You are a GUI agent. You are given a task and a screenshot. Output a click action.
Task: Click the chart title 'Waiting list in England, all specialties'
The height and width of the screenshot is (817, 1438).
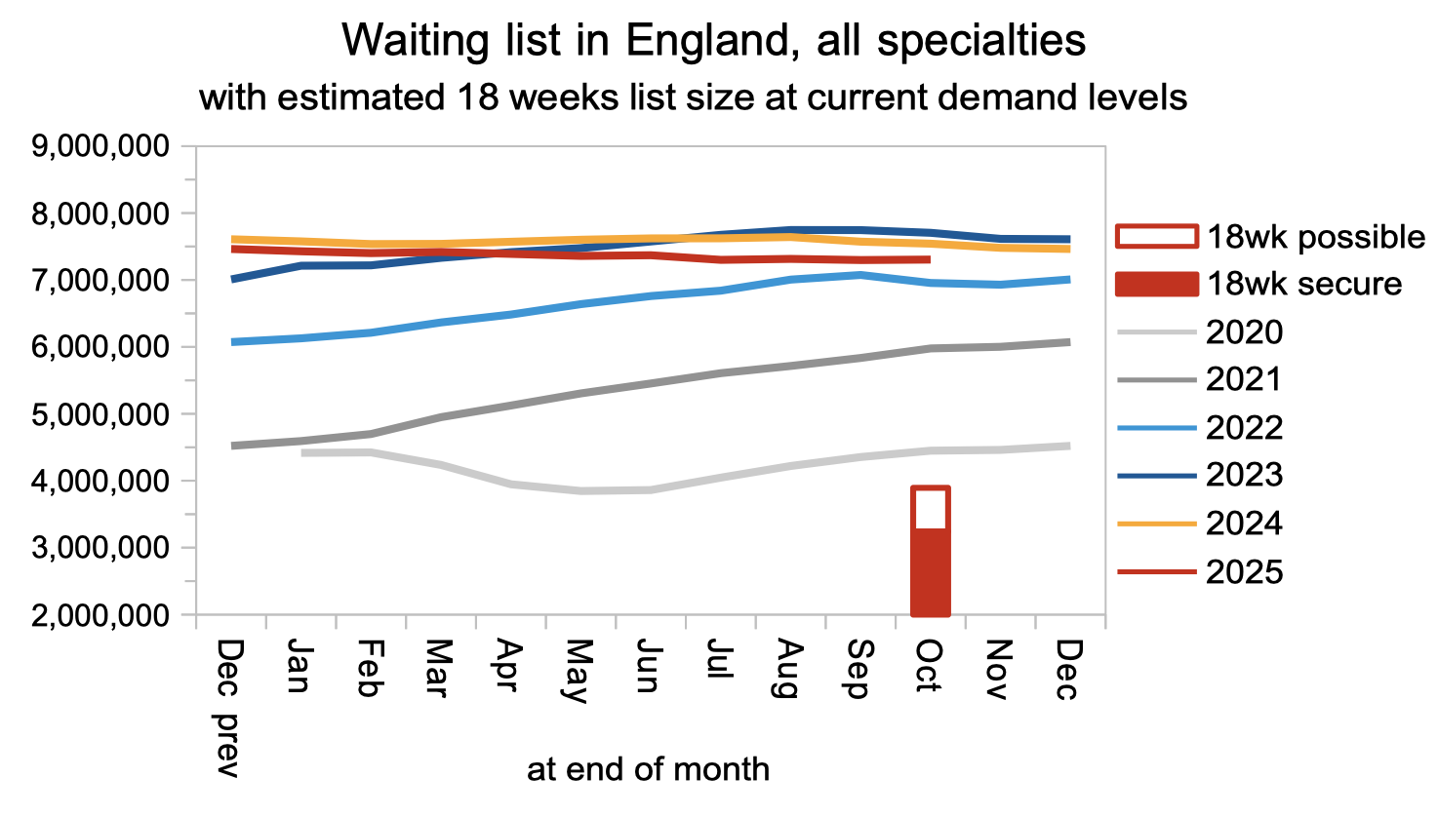click(714, 41)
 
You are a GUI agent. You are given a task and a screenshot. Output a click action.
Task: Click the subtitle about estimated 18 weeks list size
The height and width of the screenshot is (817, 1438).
click(693, 97)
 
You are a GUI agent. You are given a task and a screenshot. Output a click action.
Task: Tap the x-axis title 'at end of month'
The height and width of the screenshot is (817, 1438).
click(648, 769)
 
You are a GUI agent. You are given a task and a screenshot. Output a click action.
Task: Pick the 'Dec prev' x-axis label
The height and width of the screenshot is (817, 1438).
click(228, 708)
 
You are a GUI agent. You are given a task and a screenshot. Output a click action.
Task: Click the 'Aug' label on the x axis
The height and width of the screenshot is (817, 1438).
click(789, 670)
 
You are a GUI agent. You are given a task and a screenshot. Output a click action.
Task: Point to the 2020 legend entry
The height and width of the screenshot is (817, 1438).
click(1200, 332)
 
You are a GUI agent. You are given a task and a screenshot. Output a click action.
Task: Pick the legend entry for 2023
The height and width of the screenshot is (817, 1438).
click(1200, 476)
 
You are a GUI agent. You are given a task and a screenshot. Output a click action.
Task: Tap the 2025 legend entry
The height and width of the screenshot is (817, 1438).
click(1200, 572)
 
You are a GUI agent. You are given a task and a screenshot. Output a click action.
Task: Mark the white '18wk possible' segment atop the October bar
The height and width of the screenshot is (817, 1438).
click(930, 508)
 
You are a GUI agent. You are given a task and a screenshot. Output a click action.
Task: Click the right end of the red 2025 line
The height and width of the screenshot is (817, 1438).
click(928, 259)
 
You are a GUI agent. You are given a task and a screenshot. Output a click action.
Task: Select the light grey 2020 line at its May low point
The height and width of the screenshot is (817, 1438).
click(581, 490)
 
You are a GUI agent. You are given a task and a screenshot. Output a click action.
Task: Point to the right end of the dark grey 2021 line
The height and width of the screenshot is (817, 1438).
click(1068, 342)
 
